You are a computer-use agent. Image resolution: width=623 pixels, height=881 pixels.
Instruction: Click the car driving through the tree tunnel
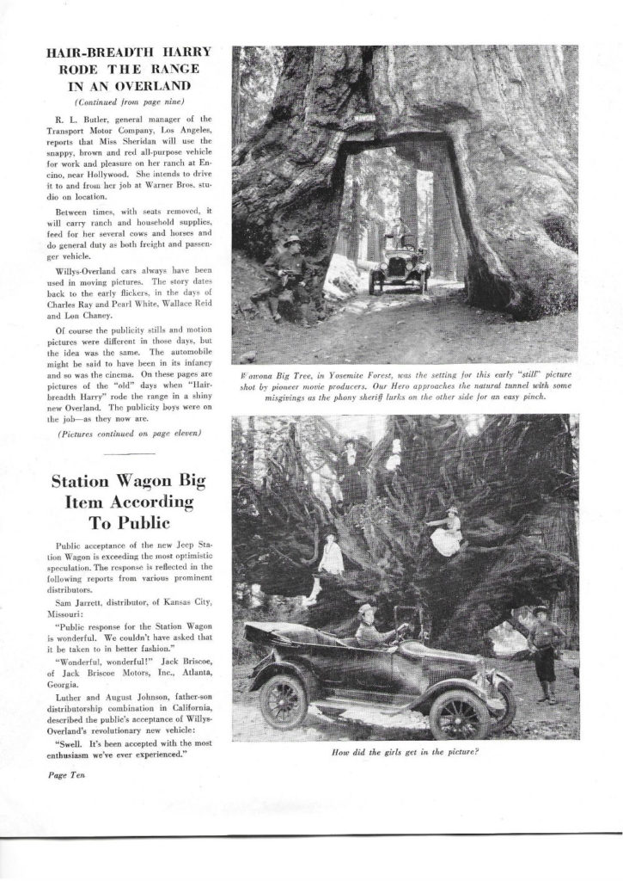tap(399, 267)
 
